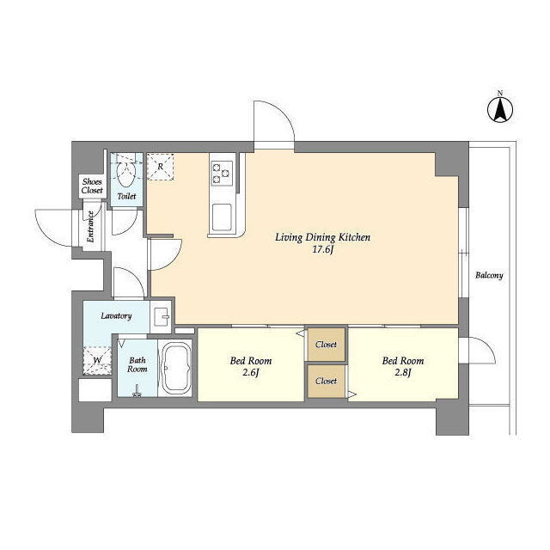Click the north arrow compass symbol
500,109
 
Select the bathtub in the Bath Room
178,368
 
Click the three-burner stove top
222,174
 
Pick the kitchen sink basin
222,217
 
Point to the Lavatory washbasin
162,316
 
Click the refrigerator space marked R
161,167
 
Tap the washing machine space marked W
97,361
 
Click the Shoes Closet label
92,186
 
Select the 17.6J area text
323,250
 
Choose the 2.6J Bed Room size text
251,372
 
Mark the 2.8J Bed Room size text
403,372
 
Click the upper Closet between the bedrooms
327,345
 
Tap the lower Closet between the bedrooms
327,382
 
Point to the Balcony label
489,275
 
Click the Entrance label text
90,227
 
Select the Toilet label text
126,197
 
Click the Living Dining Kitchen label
323,237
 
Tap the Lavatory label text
116,316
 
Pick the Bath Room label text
137,364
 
